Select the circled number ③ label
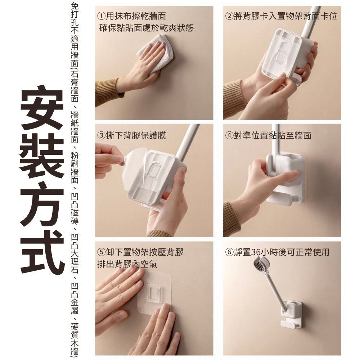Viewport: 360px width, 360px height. point(102,136)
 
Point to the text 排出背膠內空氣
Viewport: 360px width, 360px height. point(128,264)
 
